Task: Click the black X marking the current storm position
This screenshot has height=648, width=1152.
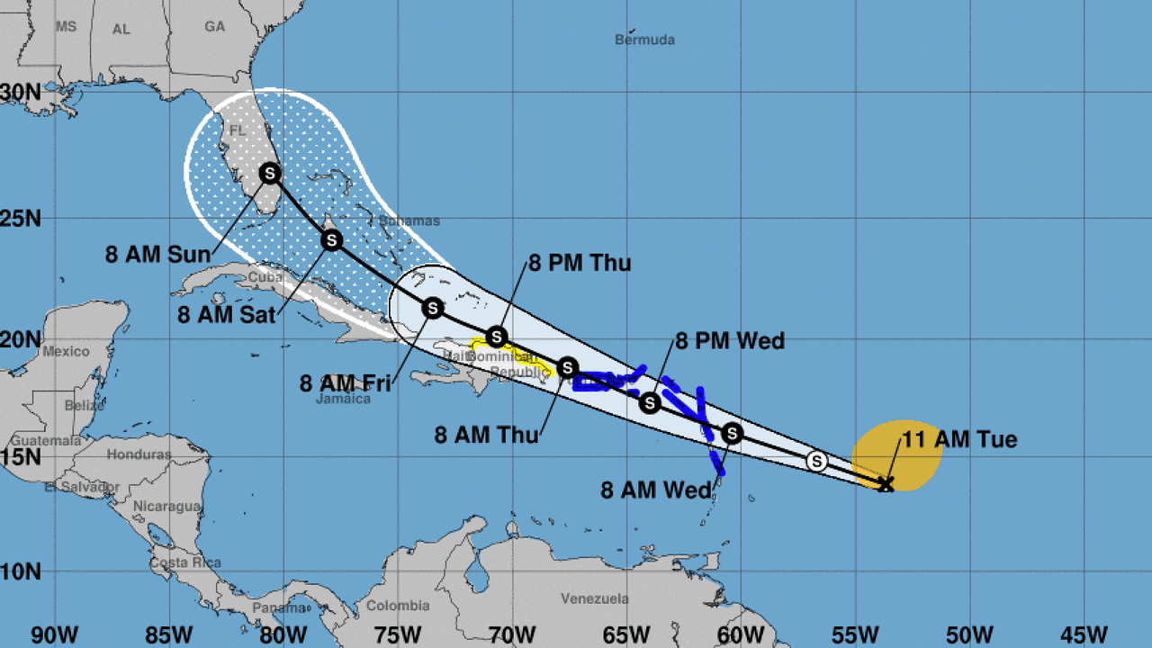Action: [x=886, y=484]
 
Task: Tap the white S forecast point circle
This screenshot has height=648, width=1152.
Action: [x=817, y=461]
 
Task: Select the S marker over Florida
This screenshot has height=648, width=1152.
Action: [x=270, y=173]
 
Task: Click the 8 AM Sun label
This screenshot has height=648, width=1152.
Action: [x=157, y=254]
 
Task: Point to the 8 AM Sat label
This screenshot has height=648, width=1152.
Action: [x=226, y=315]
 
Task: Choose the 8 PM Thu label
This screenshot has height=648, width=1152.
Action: [x=580, y=264]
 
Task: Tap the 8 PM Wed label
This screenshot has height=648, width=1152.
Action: [x=730, y=341]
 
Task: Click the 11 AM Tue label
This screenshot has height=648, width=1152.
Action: [x=959, y=439]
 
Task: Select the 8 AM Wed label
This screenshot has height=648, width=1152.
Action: [x=657, y=490]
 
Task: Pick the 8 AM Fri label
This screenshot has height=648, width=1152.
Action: [x=346, y=383]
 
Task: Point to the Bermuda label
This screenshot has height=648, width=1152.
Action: [x=644, y=40]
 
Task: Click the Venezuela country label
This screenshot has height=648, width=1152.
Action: [x=594, y=598]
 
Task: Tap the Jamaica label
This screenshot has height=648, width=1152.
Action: [x=343, y=399]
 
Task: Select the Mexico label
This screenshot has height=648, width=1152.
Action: [x=66, y=351]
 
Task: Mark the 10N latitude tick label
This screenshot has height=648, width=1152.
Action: [x=20, y=571]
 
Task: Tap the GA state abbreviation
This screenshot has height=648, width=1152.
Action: [x=214, y=27]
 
